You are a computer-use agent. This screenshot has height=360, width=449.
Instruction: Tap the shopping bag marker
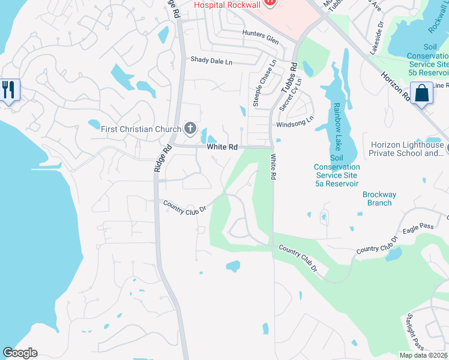(422, 93)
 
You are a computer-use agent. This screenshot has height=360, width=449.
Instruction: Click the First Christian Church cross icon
(190, 128)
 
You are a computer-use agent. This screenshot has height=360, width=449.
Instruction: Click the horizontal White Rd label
(221, 146)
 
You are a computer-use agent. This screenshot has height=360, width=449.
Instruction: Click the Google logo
(20, 353)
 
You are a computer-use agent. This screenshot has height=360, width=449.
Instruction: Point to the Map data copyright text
(424, 355)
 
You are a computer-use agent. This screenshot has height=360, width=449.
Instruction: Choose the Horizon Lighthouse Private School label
(409, 149)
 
